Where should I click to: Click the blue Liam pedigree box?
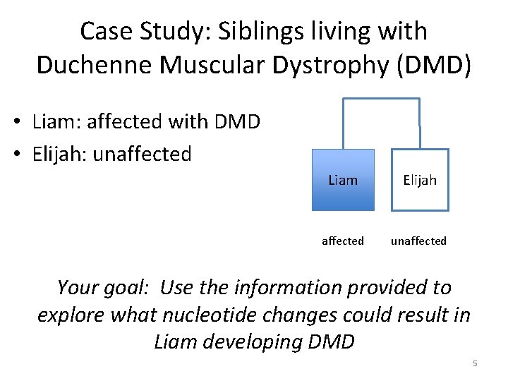[x=343, y=180]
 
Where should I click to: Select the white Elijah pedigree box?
[x=420, y=180]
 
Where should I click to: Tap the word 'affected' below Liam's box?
[x=343, y=241]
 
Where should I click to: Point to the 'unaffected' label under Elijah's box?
[x=419, y=241]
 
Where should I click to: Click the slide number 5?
[x=475, y=363]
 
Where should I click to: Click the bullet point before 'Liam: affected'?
[x=22, y=122]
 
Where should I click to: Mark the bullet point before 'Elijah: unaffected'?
[x=22, y=154]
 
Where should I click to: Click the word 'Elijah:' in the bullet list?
[x=60, y=154]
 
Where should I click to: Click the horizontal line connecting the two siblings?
[x=381, y=98]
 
